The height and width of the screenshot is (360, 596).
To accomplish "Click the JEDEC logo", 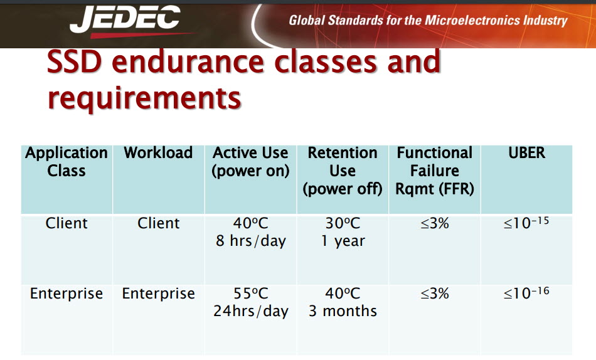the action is [125, 21].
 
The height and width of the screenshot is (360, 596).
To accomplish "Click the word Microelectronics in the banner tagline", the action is [472, 20].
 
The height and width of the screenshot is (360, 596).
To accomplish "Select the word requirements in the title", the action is [144, 97].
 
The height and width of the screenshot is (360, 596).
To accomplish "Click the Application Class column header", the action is [67, 162].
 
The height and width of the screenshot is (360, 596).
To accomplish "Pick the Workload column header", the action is [158, 153].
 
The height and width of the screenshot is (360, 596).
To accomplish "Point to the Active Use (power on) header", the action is [250, 162].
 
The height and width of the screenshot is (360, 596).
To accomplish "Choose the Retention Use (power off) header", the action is [343, 171].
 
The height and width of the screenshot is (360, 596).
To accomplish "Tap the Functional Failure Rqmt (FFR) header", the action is [435, 171].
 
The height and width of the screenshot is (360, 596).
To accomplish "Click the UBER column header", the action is [527, 153].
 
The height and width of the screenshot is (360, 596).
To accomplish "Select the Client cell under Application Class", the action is [67, 223].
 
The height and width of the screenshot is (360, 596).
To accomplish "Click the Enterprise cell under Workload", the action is [158, 294].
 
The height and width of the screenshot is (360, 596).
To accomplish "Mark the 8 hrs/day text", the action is [251, 241].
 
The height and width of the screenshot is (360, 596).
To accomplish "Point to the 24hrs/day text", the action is [251, 311].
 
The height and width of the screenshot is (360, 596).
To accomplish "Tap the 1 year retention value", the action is [343, 241].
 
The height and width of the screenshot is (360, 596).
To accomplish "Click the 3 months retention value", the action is [343, 311].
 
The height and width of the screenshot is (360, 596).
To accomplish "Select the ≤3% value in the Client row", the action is [435, 223].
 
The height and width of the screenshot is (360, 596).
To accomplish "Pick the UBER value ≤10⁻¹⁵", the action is [526, 223].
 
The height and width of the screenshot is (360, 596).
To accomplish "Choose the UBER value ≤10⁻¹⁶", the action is [526, 293].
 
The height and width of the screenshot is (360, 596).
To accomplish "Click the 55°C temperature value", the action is [251, 294].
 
